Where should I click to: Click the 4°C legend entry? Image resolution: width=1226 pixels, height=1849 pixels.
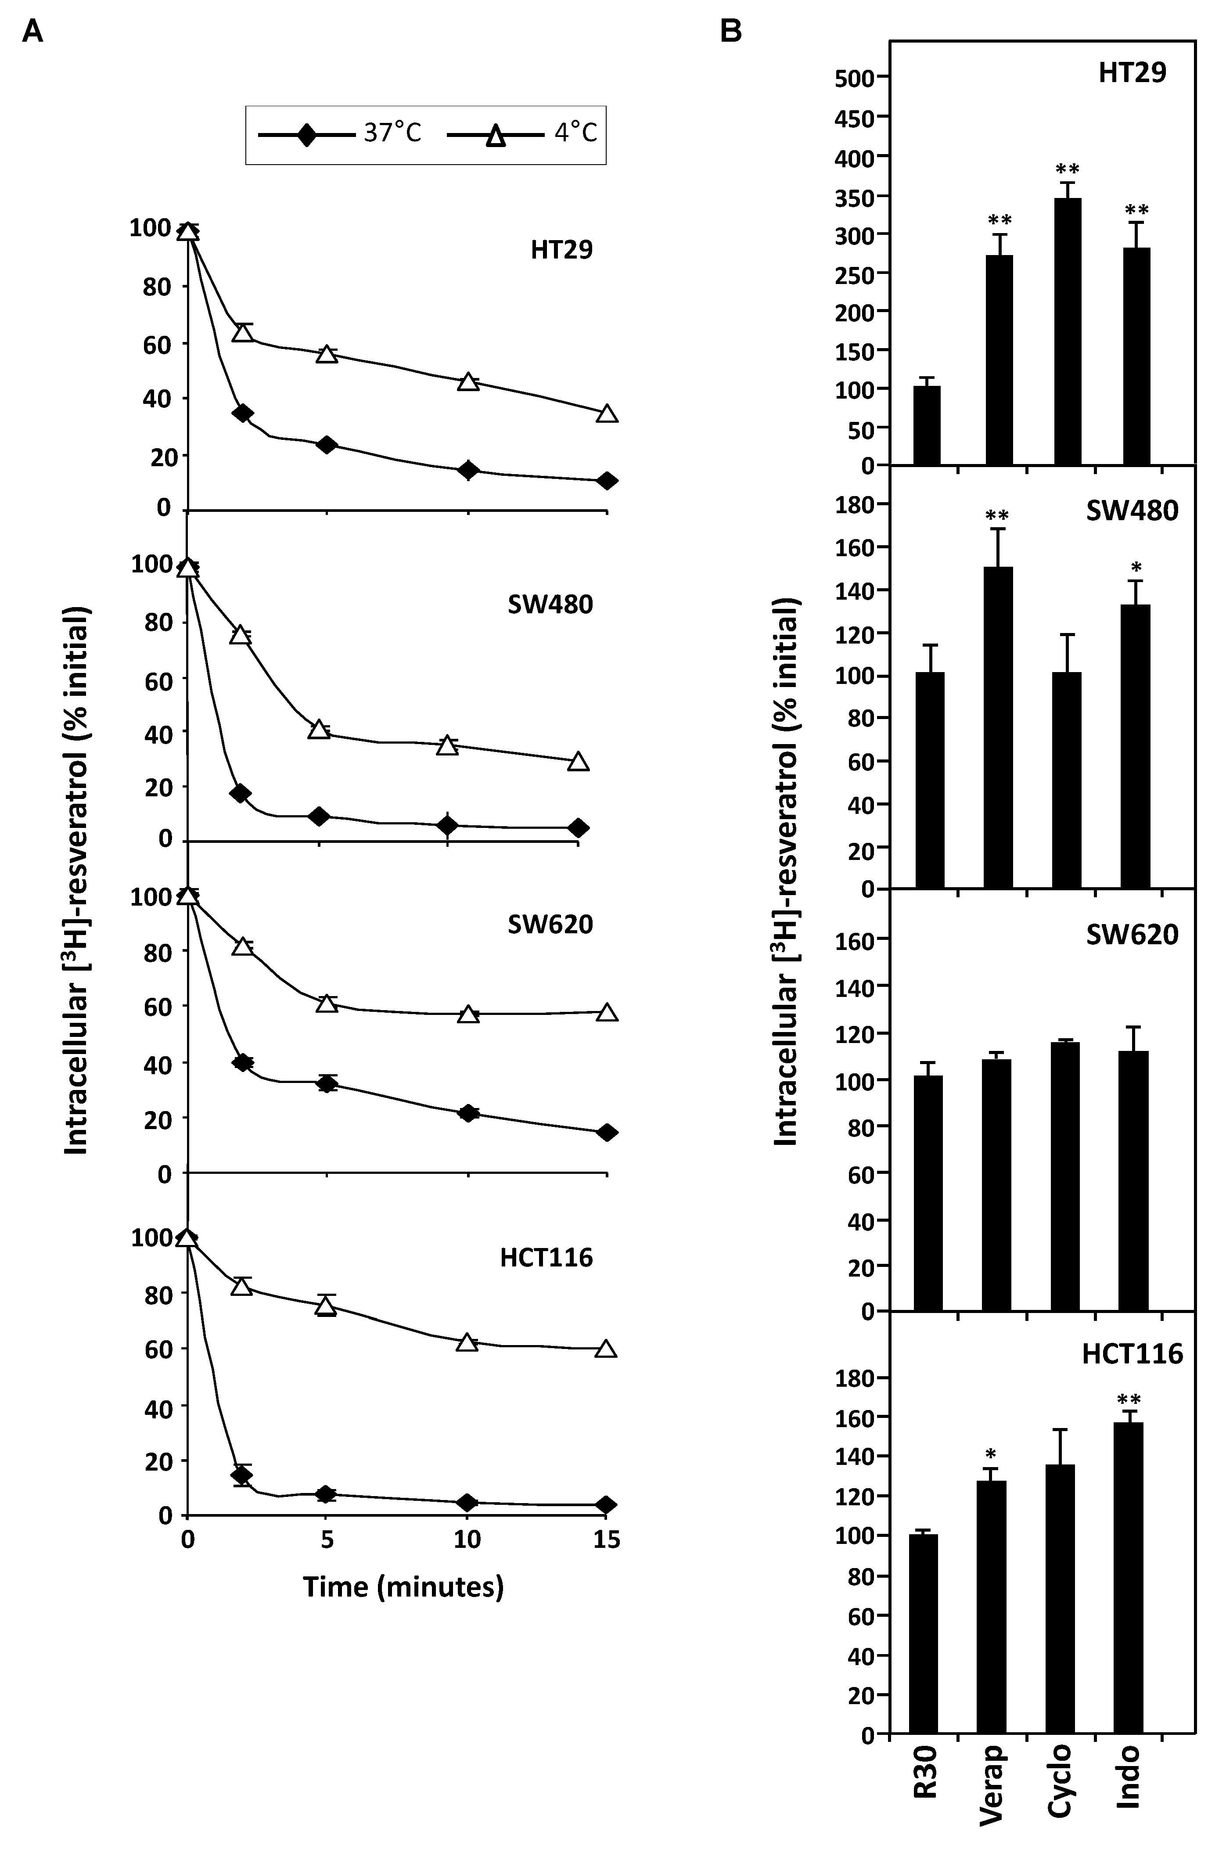click(522, 134)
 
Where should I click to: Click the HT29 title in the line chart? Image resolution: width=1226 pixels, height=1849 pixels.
click(561, 250)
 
